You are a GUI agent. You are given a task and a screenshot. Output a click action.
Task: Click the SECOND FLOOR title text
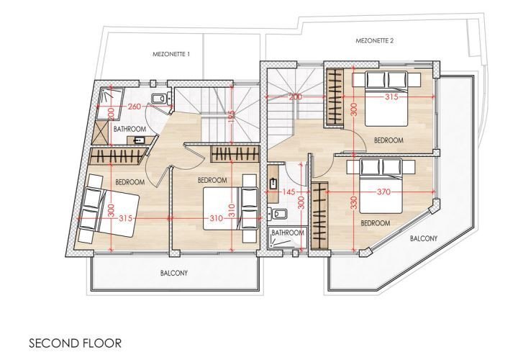pos(76,343)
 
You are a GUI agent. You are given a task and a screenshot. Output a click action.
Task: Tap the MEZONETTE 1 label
pos(171,54)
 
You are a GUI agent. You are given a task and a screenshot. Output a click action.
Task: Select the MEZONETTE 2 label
pos(374,41)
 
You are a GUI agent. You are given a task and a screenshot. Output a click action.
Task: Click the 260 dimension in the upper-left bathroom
pos(135,107)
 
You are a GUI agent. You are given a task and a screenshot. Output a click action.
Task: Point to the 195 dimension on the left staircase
pos(232,114)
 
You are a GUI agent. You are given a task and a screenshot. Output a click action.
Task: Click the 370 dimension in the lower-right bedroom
pos(383,192)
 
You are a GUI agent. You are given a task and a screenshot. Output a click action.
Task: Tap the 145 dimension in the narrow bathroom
pos(288,192)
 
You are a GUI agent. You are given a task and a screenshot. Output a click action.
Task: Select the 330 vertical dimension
pos(354,202)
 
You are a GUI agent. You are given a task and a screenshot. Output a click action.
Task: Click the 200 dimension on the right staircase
pos(295,97)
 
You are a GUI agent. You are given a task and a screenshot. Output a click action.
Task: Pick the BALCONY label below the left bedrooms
pos(174,273)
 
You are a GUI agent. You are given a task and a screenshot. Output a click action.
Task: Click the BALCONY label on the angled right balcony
pos(424,238)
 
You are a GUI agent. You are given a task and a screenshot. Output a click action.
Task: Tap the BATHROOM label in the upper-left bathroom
pos(129,129)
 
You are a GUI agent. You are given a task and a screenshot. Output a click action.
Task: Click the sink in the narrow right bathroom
pos(273,184)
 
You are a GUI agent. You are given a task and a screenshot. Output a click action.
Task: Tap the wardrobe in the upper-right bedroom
pos(334,97)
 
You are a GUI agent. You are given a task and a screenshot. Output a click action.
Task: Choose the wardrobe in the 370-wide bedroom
pos(319,215)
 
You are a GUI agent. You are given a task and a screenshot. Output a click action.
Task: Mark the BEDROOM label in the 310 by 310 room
pos(212,180)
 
